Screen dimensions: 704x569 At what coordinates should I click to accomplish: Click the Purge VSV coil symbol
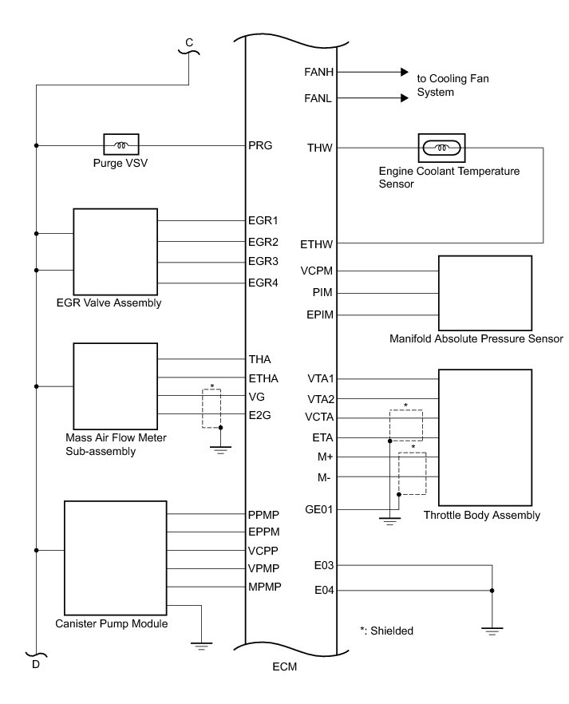122,145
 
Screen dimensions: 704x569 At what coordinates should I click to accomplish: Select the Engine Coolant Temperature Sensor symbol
442,148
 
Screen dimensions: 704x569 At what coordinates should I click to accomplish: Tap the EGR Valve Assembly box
116,251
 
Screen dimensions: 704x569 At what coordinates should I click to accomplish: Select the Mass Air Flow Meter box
116,386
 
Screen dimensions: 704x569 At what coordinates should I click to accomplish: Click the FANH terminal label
318,72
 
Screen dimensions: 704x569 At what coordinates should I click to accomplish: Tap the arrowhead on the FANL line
403,99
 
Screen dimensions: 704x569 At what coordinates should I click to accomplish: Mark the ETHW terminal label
318,243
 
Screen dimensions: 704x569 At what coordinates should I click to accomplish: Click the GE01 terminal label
318,509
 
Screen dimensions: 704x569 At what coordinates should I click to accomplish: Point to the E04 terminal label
323,591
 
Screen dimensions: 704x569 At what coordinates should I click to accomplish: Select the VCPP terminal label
262,552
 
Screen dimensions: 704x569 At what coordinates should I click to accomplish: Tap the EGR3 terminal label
263,262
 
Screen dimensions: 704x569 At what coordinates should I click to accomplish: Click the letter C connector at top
188,42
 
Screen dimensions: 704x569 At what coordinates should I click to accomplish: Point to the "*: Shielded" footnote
386,631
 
